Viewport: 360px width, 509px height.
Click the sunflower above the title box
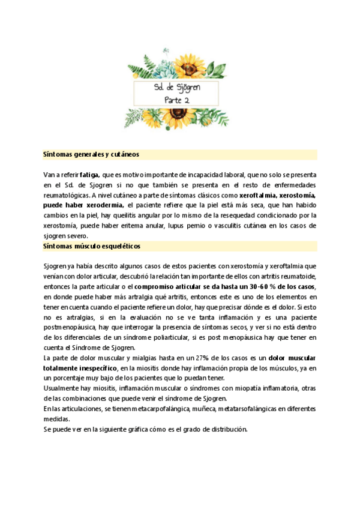187,67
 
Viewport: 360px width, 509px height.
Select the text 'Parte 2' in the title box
177,100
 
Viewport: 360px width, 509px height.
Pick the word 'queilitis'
128,215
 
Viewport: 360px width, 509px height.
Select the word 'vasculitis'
235,225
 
